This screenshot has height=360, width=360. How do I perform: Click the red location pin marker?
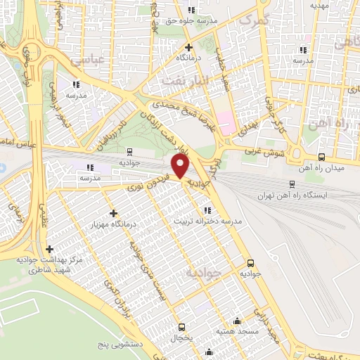pyautogui.click(x=180, y=167)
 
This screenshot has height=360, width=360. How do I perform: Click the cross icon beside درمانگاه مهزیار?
pyautogui.click(x=114, y=212)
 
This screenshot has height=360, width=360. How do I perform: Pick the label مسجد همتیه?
pyautogui.click(x=236, y=330)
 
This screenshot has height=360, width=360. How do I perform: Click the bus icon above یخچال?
pyautogui.click(x=182, y=327)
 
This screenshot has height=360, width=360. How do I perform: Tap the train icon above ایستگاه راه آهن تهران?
pyautogui.click(x=292, y=184)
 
